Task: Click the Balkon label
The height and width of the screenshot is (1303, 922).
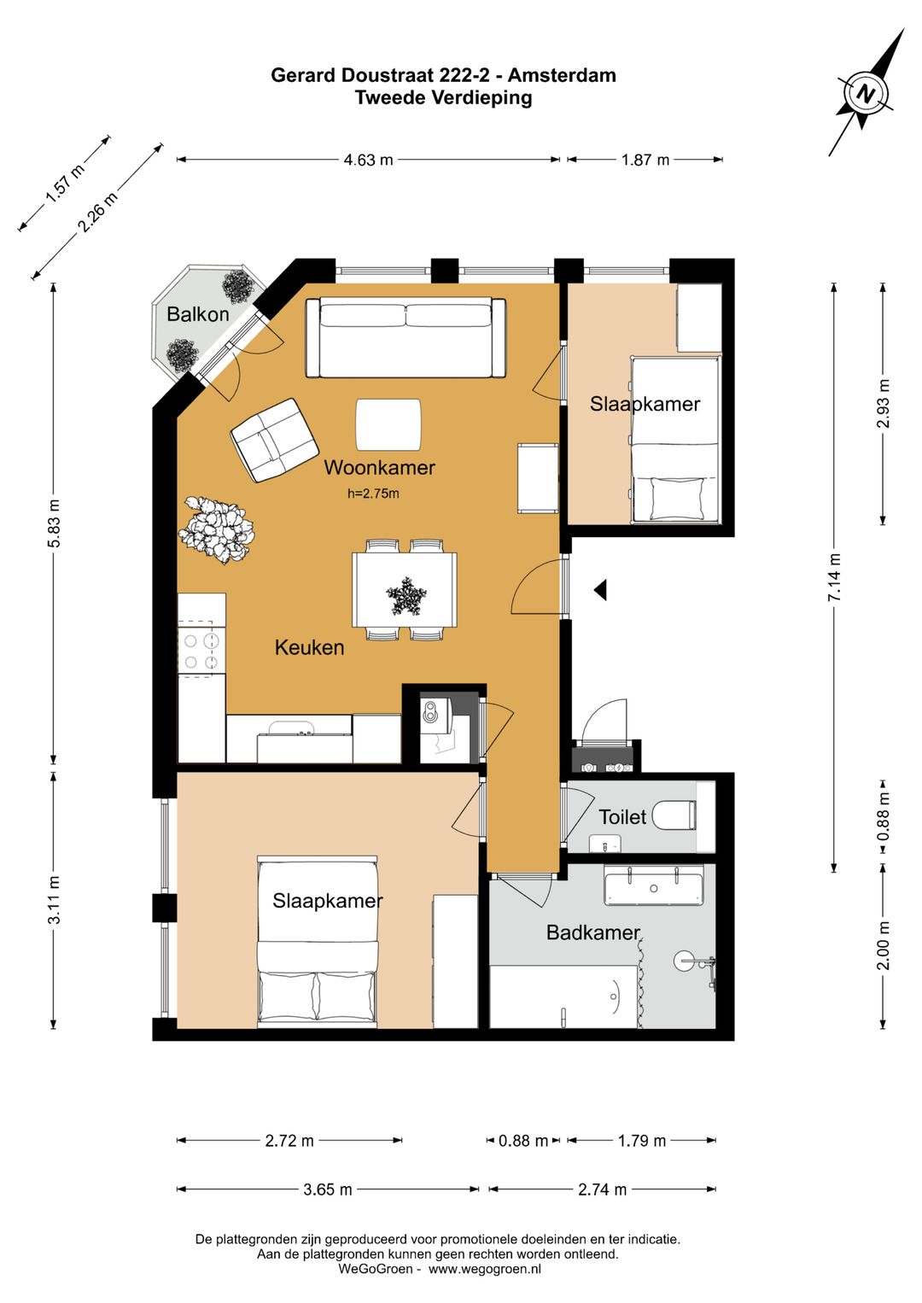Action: [198, 314]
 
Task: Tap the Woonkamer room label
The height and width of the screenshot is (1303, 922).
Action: [379, 467]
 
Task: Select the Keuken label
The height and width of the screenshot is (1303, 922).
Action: [309, 647]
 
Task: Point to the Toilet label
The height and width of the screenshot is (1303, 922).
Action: [622, 816]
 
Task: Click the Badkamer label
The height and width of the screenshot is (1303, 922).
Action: [592, 932]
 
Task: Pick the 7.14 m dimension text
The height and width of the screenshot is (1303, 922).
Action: [834, 577]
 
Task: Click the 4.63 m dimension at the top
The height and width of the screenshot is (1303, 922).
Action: [368, 160]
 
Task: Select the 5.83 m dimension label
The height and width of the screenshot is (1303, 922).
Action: [54, 523]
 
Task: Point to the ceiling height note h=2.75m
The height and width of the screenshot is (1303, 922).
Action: [373, 494]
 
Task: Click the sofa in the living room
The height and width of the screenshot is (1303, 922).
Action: [406, 337]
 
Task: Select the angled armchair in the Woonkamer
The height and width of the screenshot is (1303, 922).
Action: [275, 440]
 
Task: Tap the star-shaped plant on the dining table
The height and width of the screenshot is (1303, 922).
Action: [406, 596]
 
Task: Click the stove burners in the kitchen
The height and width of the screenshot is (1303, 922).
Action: [201, 651]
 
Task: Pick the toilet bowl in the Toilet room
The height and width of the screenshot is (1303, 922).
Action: [674, 815]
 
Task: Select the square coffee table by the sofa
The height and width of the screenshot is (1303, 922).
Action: [388, 424]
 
